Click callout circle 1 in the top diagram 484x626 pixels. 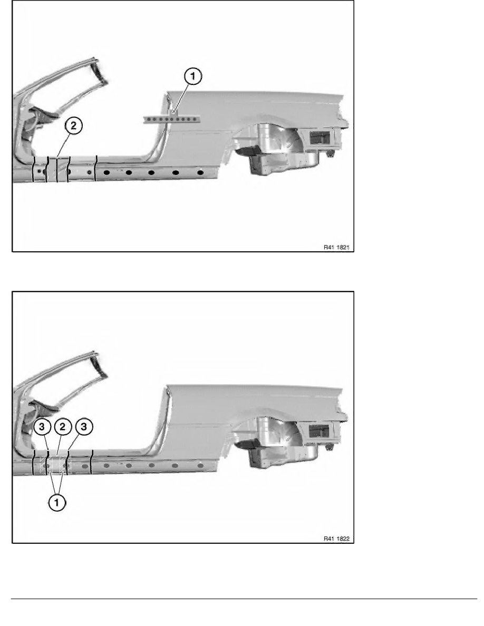tap(193, 76)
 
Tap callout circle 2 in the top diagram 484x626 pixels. tap(73, 126)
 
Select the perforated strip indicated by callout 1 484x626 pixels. tap(171, 119)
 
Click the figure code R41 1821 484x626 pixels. tap(336, 248)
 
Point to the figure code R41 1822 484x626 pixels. tap(336, 539)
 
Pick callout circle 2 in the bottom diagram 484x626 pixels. tap(63, 427)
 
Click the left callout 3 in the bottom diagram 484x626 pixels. tap(42, 427)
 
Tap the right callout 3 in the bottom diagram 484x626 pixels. tap(84, 427)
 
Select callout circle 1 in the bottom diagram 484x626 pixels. tap(57, 502)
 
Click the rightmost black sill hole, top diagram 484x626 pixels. tap(200, 173)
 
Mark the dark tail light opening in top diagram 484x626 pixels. tap(320, 138)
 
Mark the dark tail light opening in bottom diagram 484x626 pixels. tap(319, 431)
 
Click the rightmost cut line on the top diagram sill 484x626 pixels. tap(96, 169)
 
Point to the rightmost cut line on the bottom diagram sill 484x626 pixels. tap(92, 462)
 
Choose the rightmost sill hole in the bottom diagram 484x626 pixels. tap(200, 465)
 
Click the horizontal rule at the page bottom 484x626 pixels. tap(244, 599)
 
